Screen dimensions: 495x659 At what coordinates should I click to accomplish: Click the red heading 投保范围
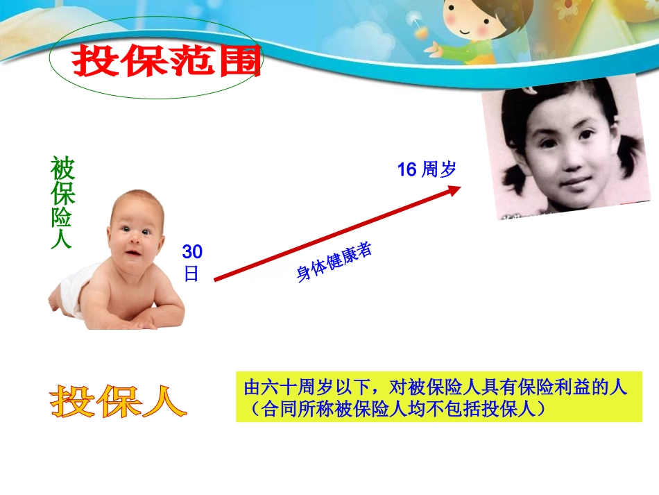(x=166, y=62)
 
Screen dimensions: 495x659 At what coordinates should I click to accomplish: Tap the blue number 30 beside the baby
(x=192, y=252)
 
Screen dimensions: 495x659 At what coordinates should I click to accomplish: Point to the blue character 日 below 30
(x=191, y=274)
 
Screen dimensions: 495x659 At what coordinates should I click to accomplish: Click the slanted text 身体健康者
(x=334, y=262)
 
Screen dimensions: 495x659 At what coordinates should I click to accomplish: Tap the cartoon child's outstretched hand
(x=436, y=49)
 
